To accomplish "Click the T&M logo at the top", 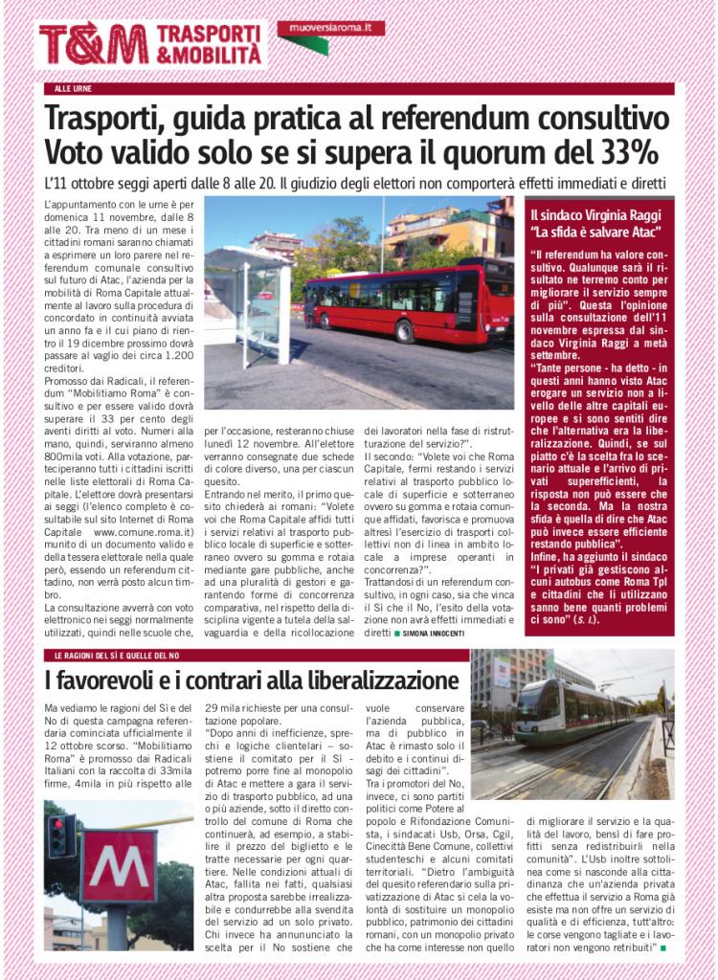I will pyautogui.click(x=94, y=43).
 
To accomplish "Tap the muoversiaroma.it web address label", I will pyautogui.click(x=330, y=29).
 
